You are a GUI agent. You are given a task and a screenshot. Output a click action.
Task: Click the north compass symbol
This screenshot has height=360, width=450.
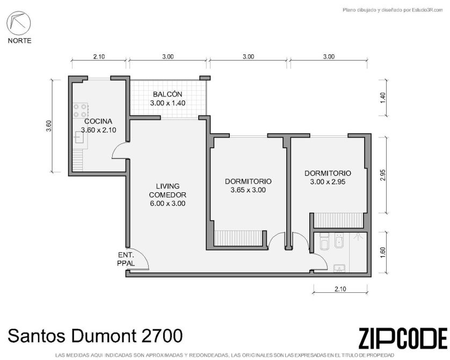(19, 23)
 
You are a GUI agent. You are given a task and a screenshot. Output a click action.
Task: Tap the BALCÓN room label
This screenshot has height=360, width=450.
(168, 94)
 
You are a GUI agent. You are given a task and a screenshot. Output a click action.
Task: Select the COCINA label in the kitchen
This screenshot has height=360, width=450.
(98, 121)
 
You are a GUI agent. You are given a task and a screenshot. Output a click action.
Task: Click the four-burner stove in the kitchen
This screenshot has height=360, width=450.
(80, 111)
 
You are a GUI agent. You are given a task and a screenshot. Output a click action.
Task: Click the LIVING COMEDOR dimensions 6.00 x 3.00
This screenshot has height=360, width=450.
(168, 204)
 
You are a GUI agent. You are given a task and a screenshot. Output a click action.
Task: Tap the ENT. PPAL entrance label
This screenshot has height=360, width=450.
(126, 259)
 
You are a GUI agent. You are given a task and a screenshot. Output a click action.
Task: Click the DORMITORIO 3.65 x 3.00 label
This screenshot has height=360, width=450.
(248, 185)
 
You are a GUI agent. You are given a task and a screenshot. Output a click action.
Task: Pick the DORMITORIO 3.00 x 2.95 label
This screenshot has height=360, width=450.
(328, 177)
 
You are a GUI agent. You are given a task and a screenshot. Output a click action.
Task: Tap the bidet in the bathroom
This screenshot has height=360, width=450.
(339, 241)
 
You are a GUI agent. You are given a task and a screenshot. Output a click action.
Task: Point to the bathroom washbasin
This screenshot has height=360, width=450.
(339, 268)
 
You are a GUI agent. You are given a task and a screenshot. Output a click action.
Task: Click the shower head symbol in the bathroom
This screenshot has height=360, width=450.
(357, 236)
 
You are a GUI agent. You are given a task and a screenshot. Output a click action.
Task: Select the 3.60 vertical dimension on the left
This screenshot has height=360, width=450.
(49, 126)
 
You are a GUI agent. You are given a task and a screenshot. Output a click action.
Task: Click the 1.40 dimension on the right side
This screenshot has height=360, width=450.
(384, 98)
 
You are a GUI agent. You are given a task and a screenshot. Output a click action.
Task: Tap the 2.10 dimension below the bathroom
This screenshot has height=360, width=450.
(340, 289)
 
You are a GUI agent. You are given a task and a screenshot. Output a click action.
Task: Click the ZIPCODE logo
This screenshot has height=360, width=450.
(403, 338)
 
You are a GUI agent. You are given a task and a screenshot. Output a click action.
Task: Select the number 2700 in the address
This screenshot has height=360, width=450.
(162, 336)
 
